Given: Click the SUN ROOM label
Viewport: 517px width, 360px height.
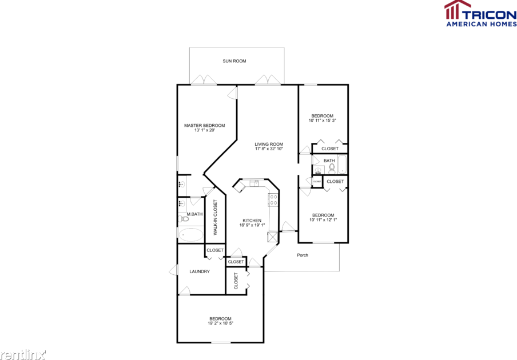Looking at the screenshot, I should (x=234, y=61).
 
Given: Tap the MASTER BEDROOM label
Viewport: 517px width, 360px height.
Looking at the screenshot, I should (x=204, y=125).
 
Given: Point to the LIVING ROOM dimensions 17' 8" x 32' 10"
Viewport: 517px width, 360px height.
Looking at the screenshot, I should (x=269, y=149).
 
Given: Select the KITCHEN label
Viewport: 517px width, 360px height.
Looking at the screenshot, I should (x=252, y=220).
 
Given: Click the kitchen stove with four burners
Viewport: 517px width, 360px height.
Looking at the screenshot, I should (x=274, y=200).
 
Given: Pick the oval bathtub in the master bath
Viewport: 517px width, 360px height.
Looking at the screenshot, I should (x=191, y=234).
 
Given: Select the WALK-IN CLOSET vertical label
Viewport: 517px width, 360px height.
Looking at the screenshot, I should (x=216, y=218).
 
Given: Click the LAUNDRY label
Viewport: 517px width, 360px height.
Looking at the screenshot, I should (x=200, y=271).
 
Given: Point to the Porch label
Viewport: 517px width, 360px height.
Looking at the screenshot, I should (x=303, y=255).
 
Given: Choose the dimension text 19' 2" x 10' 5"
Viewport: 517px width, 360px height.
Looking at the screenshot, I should (x=220, y=323).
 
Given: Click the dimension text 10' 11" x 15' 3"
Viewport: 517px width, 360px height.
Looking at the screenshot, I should (x=322, y=121).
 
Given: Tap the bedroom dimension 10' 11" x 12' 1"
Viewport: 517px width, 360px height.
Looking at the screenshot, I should (x=323, y=219).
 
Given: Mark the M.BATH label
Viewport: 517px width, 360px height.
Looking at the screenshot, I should (x=194, y=214).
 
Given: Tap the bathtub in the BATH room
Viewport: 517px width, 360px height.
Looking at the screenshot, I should (x=342, y=165).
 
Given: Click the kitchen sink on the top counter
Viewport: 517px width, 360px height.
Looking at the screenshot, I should (x=254, y=183).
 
